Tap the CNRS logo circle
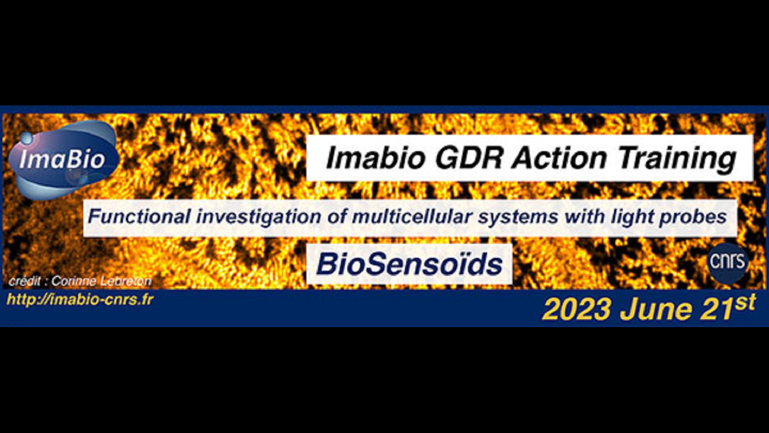click(727, 262)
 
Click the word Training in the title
click(678, 159)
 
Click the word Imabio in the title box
click(376, 158)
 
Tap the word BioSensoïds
click(409, 264)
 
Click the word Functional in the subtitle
click(139, 217)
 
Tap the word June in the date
click(656, 310)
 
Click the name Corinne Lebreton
click(101, 281)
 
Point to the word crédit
click(24, 281)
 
